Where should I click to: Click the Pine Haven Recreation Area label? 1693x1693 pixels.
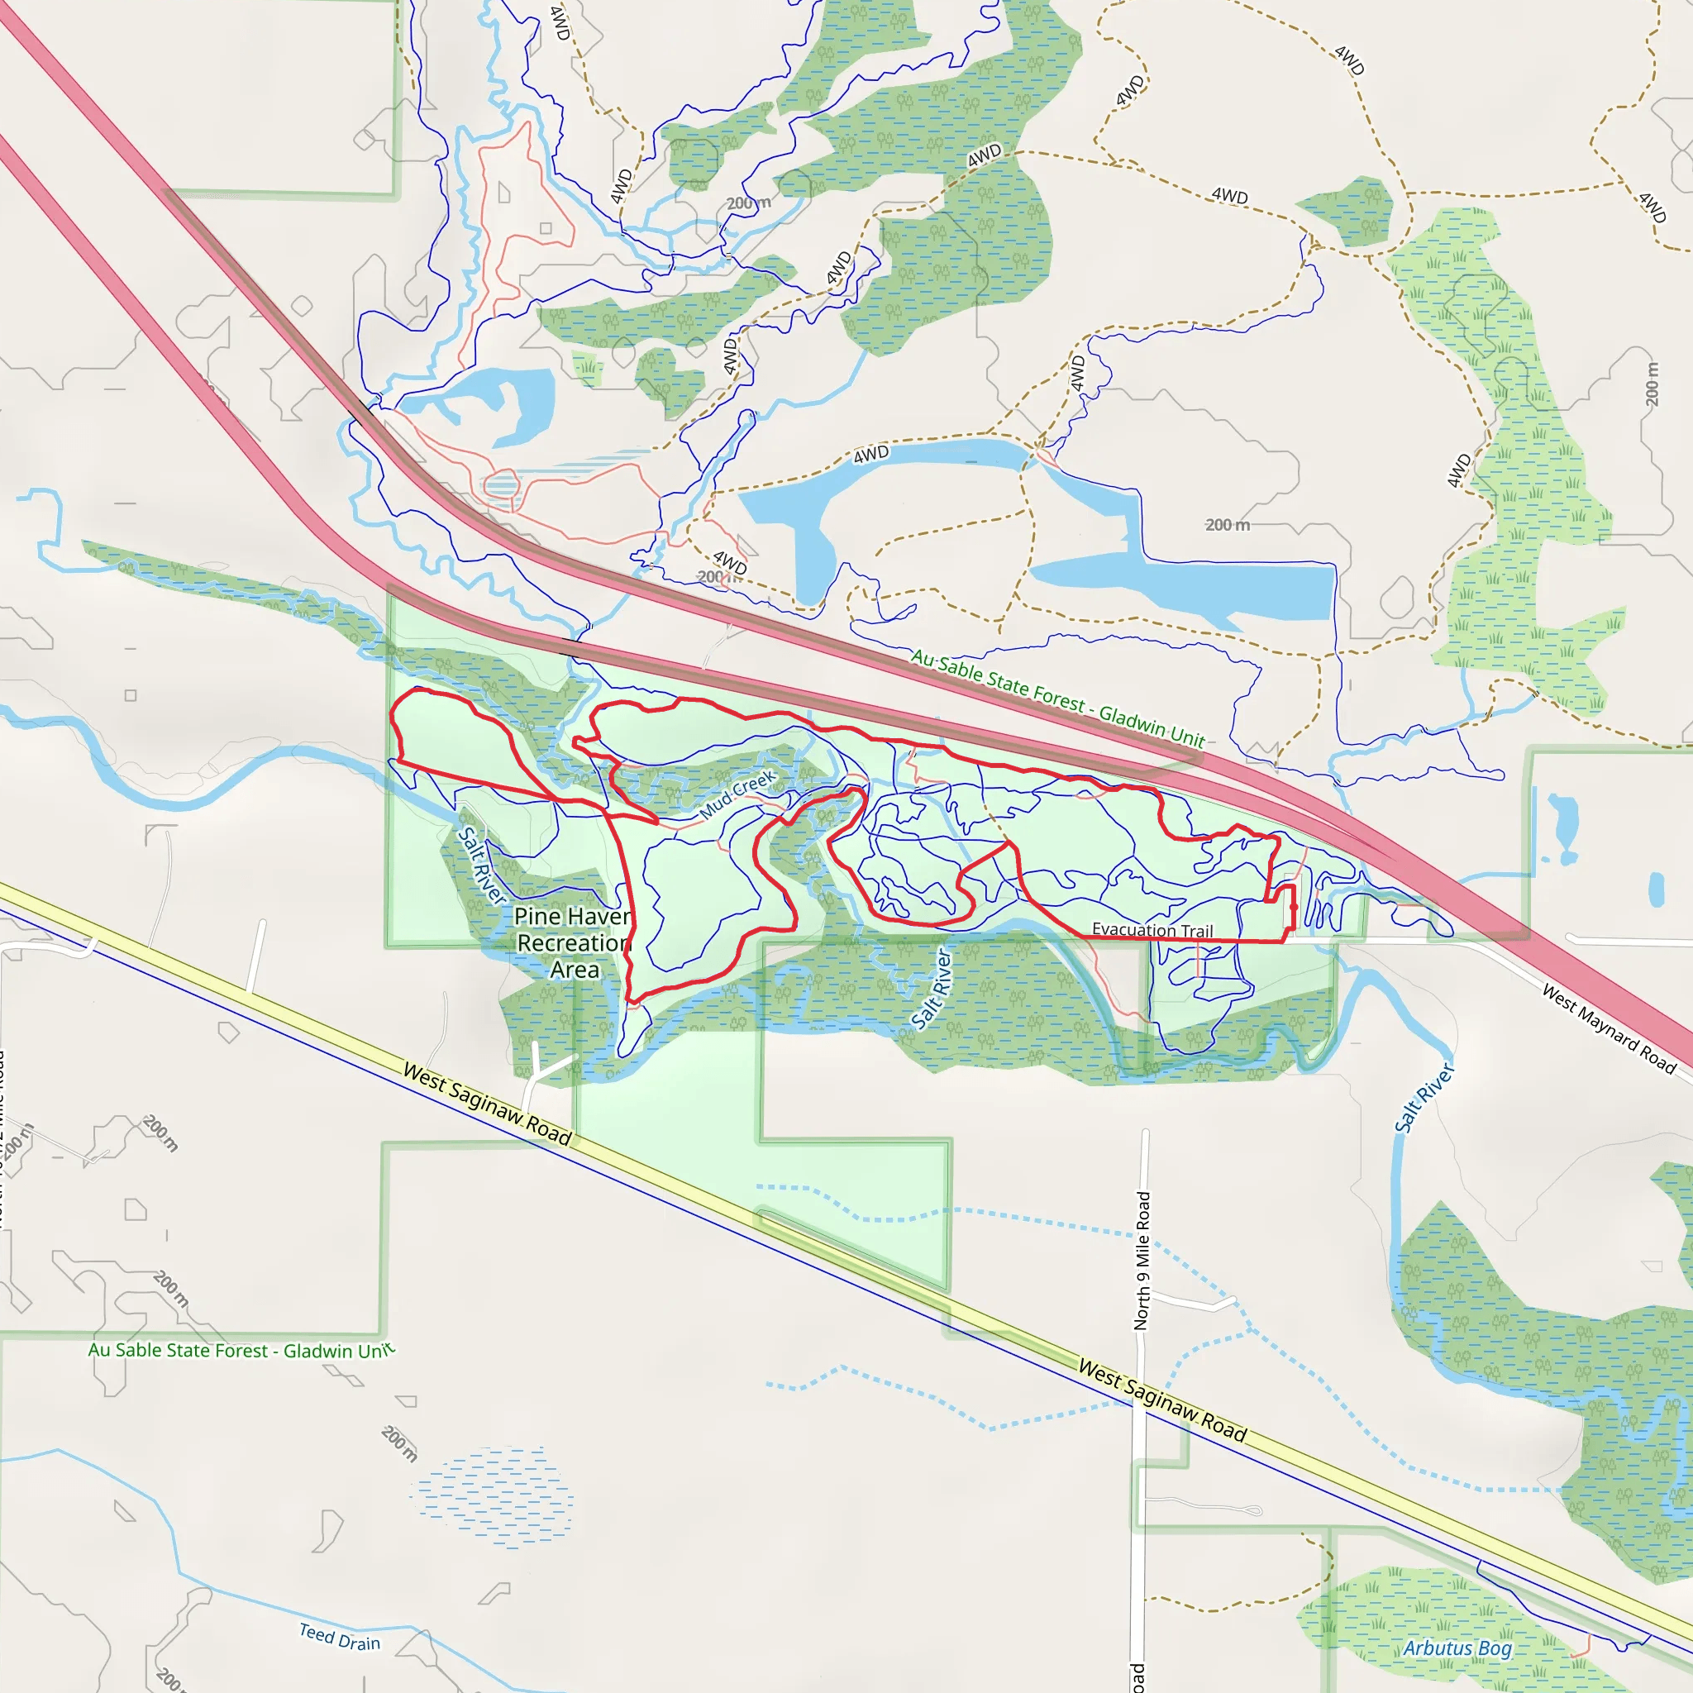(x=573, y=943)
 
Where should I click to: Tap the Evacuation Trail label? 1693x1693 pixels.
(x=1152, y=930)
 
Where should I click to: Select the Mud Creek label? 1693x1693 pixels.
(x=738, y=794)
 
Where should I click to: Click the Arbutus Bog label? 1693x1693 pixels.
(x=1457, y=1648)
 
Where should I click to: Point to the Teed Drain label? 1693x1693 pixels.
(x=340, y=1637)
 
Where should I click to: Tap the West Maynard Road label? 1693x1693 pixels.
(x=1609, y=1028)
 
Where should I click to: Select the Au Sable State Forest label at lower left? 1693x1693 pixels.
(x=241, y=1351)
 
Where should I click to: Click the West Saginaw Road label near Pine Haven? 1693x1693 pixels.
(x=487, y=1104)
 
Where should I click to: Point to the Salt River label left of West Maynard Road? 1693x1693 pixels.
(x=1424, y=1098)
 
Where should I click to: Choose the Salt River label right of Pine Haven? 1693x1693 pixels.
(x=932, y=989)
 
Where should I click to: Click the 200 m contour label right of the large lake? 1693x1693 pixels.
(x=1227, y=525)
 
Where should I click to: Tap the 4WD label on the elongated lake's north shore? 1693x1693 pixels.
(x=871, y=455)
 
